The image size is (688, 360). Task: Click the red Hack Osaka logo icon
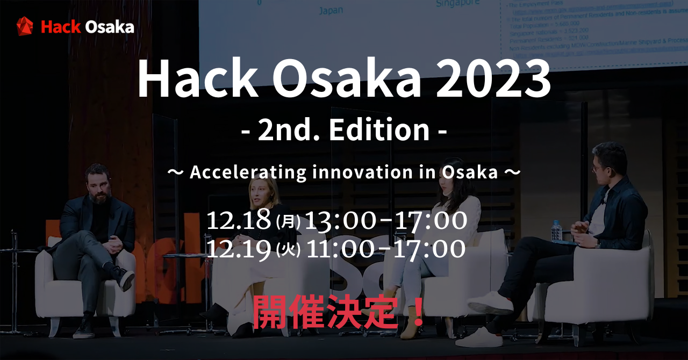pyautogui.click(x=25, y=26)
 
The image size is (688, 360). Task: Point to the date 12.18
pyautogui.click(x=239, y=221)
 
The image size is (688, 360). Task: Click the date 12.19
pyautogui.click(x=239, y=249)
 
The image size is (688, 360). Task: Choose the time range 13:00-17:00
pyautogui.click(x=385, y=221)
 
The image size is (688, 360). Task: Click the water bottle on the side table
pyautogui.click(x=556, y=231)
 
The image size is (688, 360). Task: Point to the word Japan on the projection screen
pyautogui.click(x=331, y=10)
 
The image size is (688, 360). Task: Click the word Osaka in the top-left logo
pyautogui.click(x=110, y=27)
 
